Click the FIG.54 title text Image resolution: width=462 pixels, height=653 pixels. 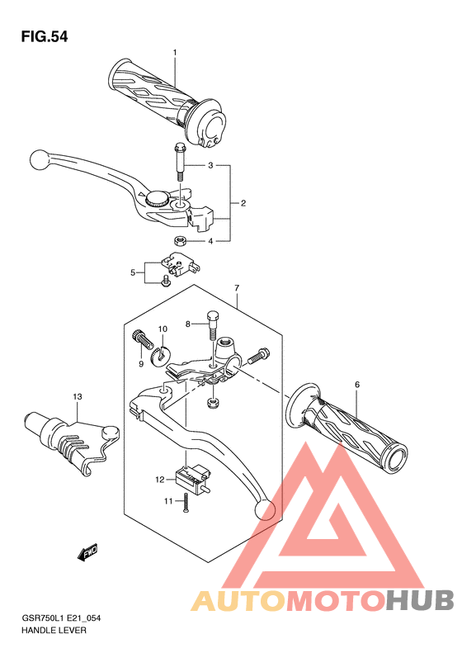click(x=45, y=37)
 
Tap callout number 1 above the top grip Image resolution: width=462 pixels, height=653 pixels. click(x=175, y=53)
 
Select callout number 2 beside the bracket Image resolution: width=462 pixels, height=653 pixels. click(x=243, y=203)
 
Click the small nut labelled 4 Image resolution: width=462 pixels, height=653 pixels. click(x=180, y=240)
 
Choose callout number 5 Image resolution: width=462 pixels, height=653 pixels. click(x=133, y=272)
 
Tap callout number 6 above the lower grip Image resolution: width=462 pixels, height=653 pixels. click(x=357, y=385)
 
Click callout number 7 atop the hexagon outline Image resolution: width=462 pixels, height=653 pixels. click(x=237, y=288)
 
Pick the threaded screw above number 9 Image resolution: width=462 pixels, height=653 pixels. click(x=144, y=339)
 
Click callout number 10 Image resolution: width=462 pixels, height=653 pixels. click(x=163, y=329)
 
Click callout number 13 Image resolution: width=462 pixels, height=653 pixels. click(x=78, y=396)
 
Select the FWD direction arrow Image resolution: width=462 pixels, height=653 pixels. click(x=87, y=553)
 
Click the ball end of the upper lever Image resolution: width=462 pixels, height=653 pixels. click(x=39, y=159)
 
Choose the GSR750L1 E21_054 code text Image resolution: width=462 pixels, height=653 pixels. click(x=61, y=618)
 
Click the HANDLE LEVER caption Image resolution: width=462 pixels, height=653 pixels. click(x=54, y=631)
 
